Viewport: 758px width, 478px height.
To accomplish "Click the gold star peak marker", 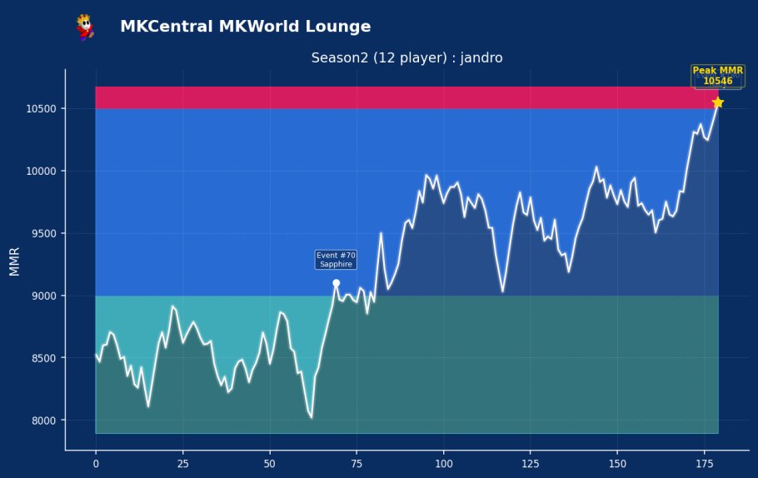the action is click(x=718, y=102).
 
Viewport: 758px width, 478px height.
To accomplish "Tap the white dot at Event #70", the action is click(x=336, y=283).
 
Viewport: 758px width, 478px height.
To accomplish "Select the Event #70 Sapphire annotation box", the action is click(x=336, y=260).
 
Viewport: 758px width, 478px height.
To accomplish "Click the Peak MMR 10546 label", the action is click(x=718, y=76).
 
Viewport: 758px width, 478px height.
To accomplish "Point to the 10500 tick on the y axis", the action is click(x=41, y=109).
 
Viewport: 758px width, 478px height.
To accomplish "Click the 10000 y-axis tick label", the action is click(x=41, y=171).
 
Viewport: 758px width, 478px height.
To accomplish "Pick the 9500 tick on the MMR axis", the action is click(x=44, y=233).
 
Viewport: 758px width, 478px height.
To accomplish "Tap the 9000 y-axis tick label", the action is click(x=44, y=296).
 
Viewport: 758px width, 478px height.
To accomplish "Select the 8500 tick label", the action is click(x=44, y=358).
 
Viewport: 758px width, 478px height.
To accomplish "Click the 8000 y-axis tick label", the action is click(x=44, y=421).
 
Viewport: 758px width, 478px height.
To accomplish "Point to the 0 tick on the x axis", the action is click(x=96, y=464).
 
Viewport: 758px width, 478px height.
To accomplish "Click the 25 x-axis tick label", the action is click(x=182, y=464).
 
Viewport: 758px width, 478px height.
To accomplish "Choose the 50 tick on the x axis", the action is click(x=270, y=464).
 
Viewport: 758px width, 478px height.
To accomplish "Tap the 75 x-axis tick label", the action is click(x=357, y=464).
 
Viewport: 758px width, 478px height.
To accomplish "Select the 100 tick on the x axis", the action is click(x=444, y=464).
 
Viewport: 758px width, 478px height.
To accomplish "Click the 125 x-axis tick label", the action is click(x=531, y=464).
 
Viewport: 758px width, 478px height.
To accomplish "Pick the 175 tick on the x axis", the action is click(x=705, y=464).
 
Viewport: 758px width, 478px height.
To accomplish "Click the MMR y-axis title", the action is click(x=14, y=261).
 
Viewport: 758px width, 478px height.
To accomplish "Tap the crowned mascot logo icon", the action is click(x=85, y=27).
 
